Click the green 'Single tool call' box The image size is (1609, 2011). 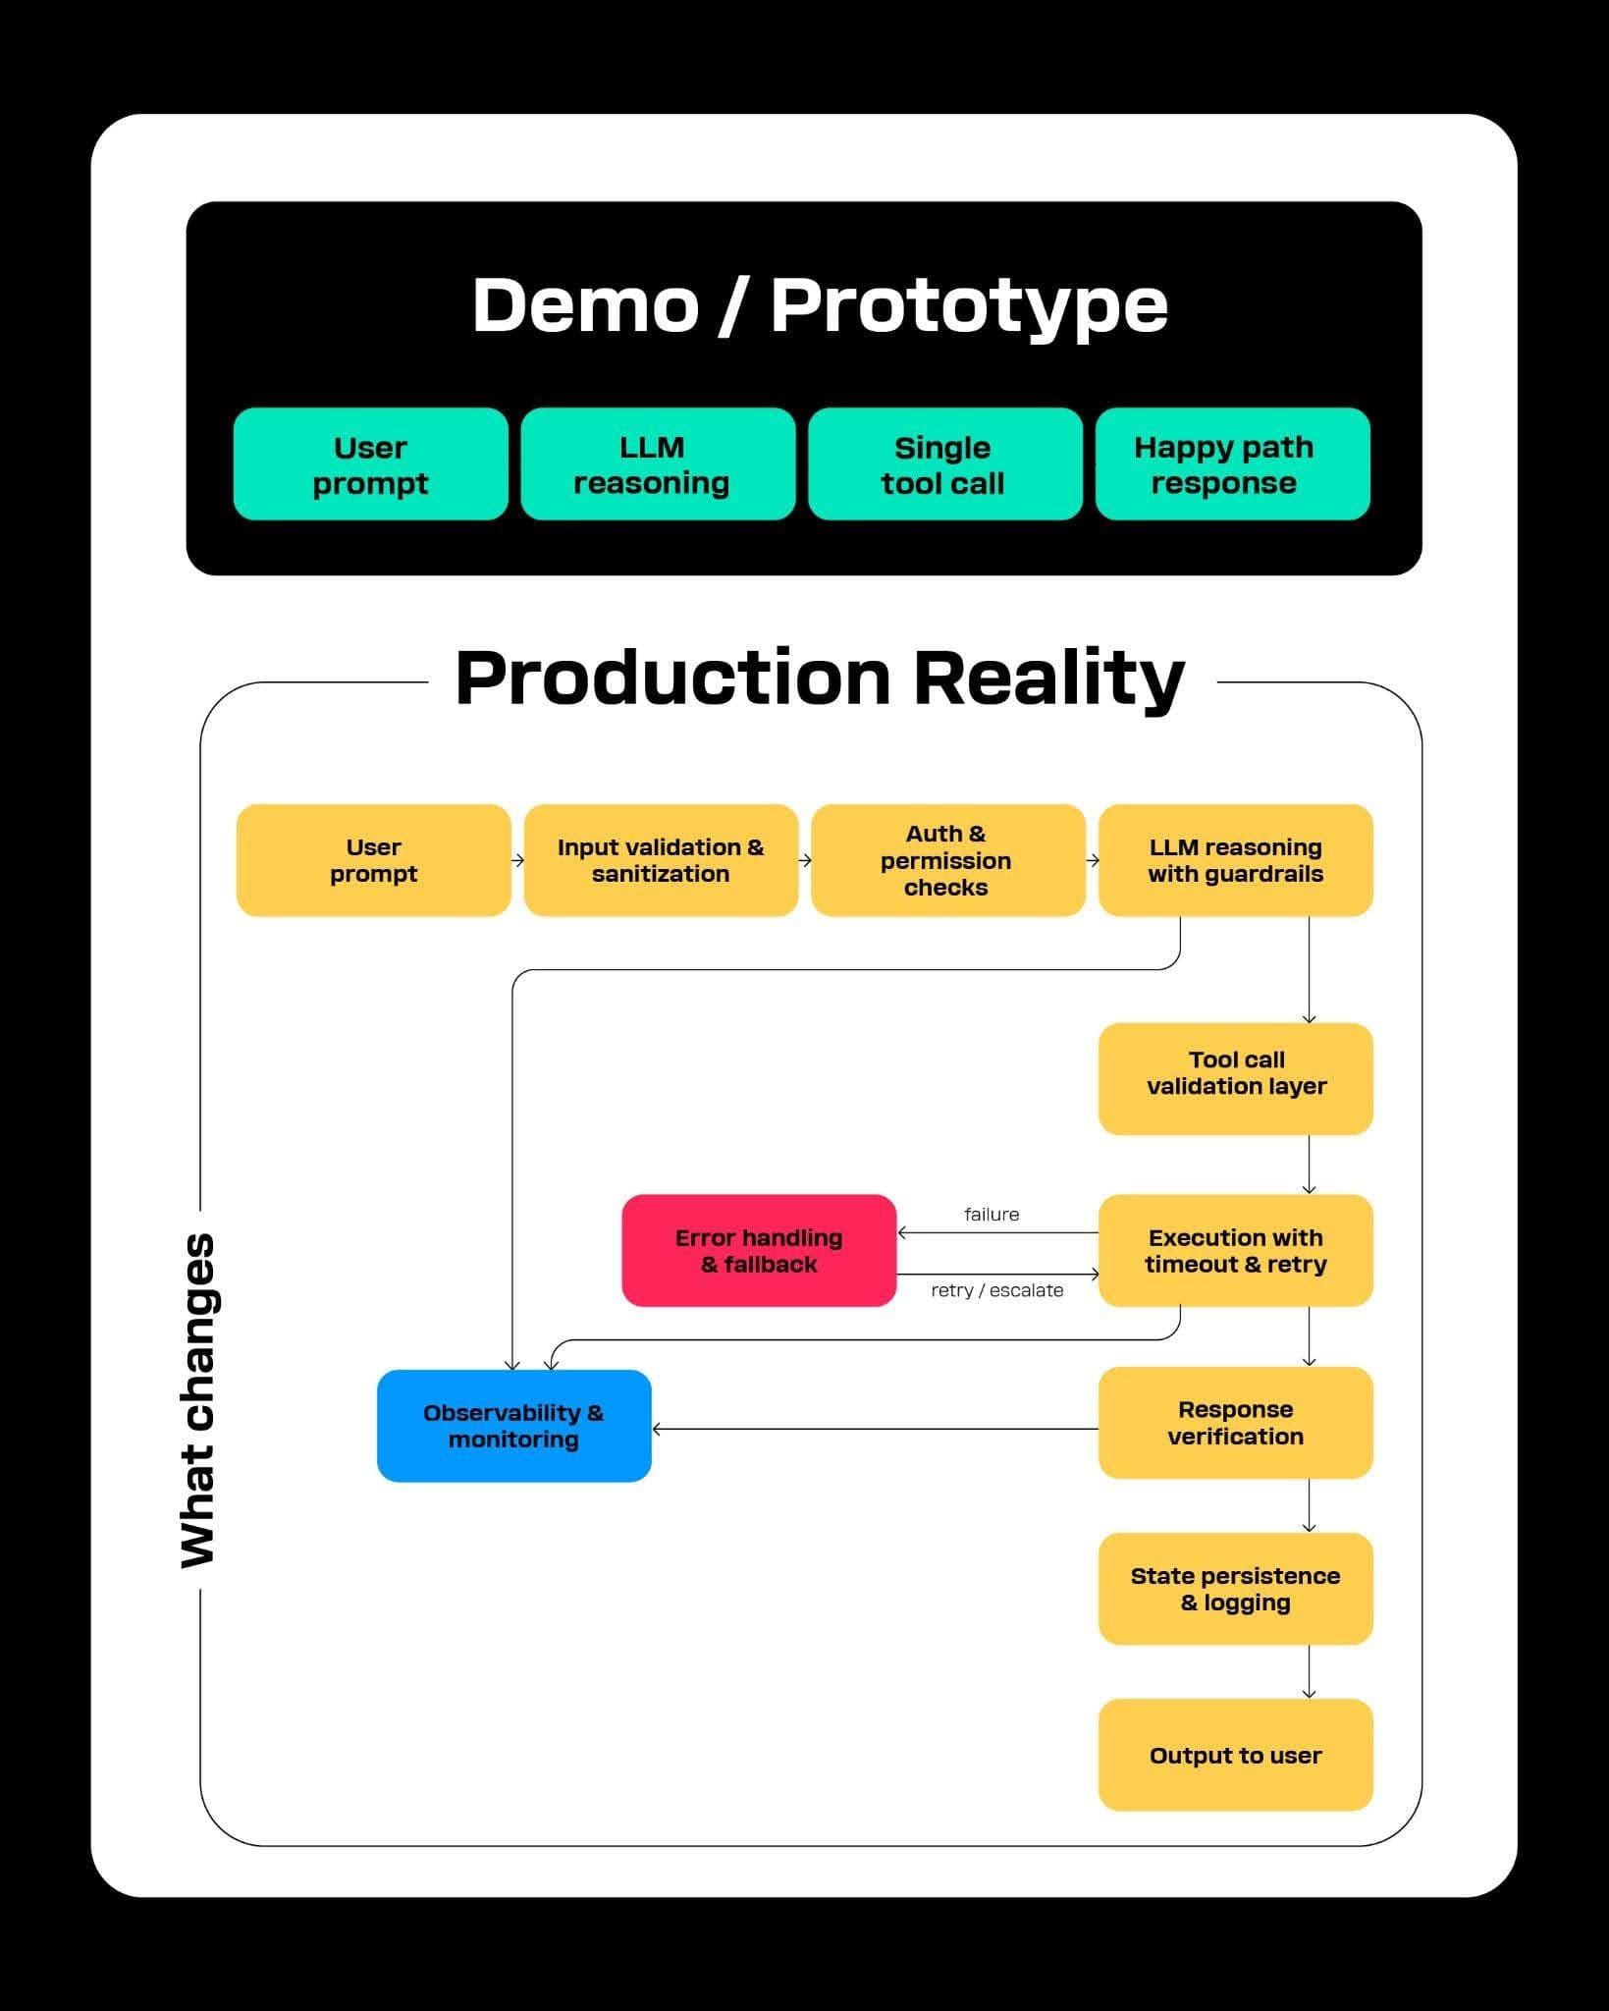point(944,464)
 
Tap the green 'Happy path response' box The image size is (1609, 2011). point(1232,464)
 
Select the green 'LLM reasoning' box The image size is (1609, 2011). point(658,464)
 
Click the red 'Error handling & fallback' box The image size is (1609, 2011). point(759,1250)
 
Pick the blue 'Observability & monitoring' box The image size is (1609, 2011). point(513,1426)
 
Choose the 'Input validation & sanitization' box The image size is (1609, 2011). point(661,860)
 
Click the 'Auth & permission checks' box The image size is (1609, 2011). point(947,860)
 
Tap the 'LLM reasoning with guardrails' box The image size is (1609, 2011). point(1235,860)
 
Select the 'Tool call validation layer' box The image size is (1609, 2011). point(1235,1078)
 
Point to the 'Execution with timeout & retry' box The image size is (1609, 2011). point(1235,1250)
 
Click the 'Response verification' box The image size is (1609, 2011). point(1235,1423)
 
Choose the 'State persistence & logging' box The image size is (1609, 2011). point(1235,1589)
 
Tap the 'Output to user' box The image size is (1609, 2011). point(1235,1755)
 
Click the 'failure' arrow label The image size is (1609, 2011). point(992,1215)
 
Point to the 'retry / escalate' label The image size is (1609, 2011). point(996,1290)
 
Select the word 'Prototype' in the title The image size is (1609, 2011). point(968,305)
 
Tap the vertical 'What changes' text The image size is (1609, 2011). point(198,1401)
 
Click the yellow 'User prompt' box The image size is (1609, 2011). point(373,860)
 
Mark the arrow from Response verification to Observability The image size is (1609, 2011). point(874,1429)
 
